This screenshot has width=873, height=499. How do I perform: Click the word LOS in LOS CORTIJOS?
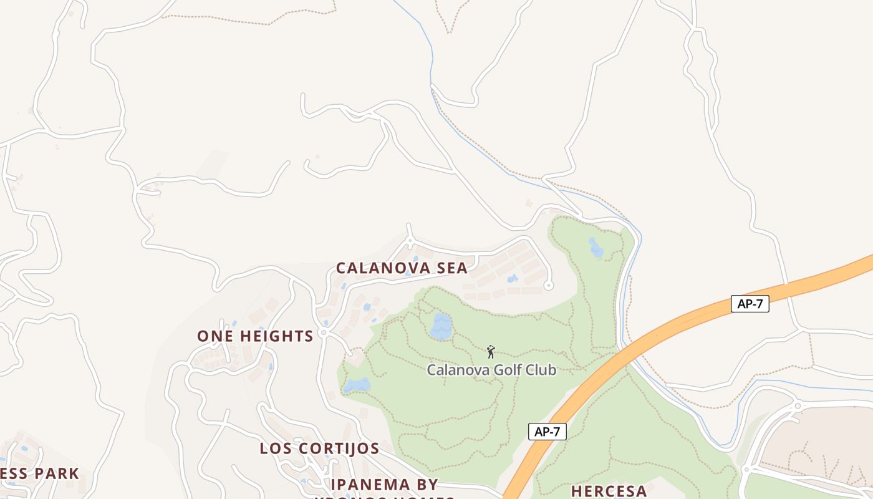(274, 448)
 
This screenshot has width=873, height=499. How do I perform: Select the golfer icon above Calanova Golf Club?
(491, 352)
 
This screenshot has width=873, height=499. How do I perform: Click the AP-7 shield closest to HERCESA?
(547, 432)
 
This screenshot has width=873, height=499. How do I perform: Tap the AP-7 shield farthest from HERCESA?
(750, 304)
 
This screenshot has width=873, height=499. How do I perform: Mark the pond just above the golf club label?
(441, 327)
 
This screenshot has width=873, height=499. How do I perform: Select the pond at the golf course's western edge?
(357, 385)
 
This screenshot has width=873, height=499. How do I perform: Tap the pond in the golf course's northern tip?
(596, 248)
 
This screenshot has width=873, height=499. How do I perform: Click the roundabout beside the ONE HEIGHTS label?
(323, 333)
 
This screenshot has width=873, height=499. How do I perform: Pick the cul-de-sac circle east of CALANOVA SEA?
(549, 286)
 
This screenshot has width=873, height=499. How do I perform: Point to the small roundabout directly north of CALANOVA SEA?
(410, 240)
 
